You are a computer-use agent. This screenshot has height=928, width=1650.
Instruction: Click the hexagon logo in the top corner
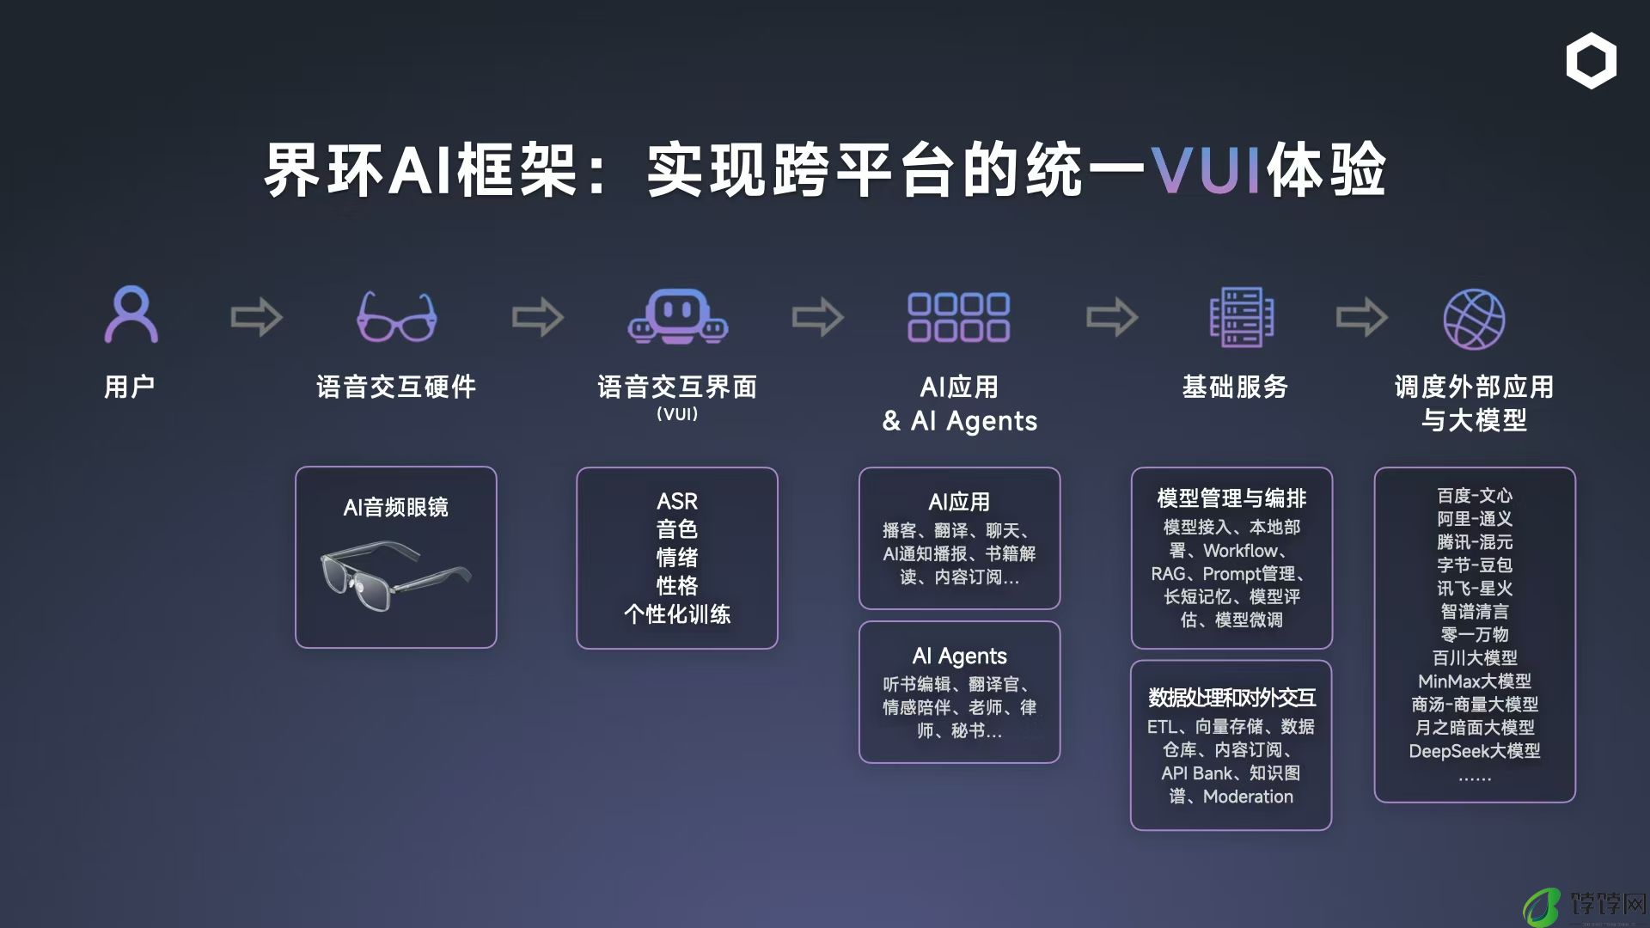(1591, 61)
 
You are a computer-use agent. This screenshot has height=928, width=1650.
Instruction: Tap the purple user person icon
(131, 314)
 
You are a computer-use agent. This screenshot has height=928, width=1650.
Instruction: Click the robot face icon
(678, 316)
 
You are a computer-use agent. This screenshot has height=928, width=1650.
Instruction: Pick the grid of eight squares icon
(959, 317)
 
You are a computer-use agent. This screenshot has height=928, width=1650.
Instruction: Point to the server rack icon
(1242, 317)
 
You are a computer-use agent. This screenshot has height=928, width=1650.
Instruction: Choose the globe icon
(1474, 319)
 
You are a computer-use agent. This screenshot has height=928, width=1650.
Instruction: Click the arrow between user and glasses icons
(257, 318)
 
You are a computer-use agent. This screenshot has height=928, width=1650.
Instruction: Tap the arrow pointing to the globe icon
(1362, 318)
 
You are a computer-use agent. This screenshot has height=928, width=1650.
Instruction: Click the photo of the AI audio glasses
(396, 575)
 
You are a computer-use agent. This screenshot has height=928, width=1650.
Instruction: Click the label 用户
(130, 387)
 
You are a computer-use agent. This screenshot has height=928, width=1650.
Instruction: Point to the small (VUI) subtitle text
(677, 414)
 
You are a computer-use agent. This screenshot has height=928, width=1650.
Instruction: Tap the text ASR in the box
(677, 501)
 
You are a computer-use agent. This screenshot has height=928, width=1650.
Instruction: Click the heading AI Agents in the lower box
(959, 656)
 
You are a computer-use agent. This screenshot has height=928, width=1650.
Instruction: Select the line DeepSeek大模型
(1475, 751)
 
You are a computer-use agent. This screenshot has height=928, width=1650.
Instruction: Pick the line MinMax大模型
(1475, 681)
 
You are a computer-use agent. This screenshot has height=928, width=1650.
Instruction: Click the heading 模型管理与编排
(1231, 498)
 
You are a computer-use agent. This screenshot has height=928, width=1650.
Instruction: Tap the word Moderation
(1248, 797)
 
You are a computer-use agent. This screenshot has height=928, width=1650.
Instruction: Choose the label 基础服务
(1235, 387)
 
